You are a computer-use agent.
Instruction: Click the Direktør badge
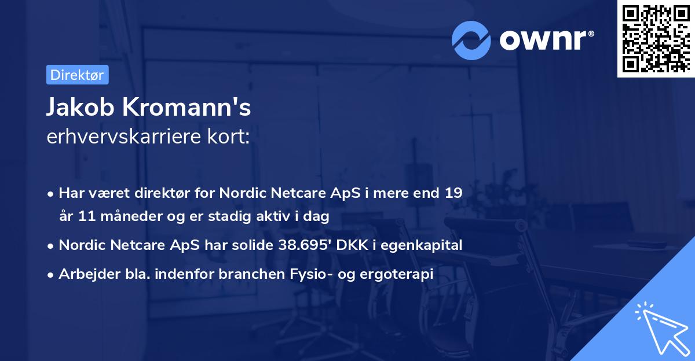pos(77,75)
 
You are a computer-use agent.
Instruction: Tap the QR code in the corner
pos(655,38)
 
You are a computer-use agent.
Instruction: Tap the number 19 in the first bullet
pos(453,193)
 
